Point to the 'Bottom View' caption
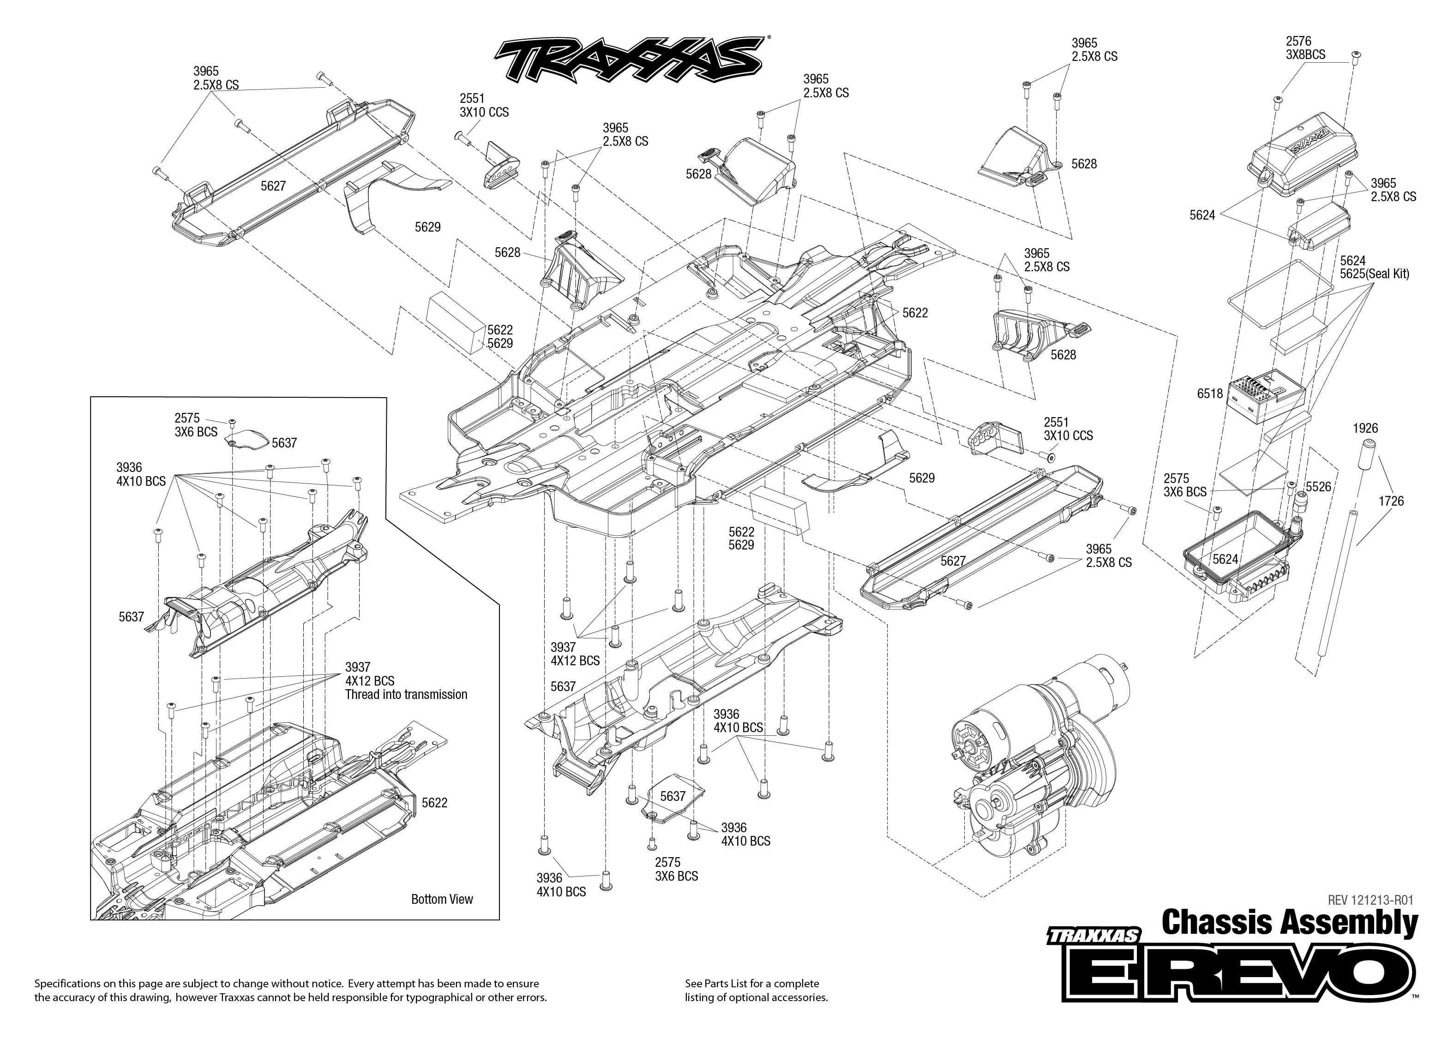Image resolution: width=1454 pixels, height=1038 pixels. (x=442, y=899)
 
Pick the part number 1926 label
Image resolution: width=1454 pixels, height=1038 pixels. (x=1365, y=428)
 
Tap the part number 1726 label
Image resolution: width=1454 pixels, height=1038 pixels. (x=1391, y=501)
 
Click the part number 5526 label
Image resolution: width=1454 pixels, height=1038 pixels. (x=1318, y=487)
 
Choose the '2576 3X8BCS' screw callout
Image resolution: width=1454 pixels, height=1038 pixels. (x=1306, y=48)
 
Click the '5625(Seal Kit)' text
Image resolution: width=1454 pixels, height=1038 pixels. (x=1374, y=274)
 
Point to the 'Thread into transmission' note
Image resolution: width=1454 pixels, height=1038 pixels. (x=406, y=695)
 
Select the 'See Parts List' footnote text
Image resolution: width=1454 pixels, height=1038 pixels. (x=756, y=990)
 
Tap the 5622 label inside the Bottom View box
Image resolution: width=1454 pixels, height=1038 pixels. (x=434, y=803)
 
